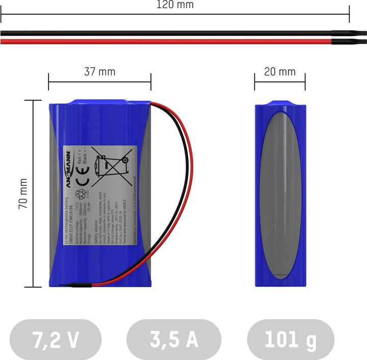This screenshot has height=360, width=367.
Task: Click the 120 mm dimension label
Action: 175,5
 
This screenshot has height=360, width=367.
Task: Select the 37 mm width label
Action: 99,72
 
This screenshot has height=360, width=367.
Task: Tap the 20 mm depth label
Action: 280,72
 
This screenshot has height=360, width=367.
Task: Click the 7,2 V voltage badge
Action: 56,340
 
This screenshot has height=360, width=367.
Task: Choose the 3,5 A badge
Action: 174,340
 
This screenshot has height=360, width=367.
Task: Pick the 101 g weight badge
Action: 291,340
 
